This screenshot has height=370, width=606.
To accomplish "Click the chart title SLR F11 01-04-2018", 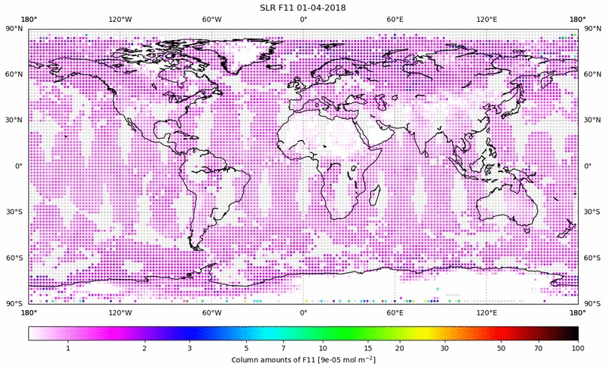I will [x=303, y=7].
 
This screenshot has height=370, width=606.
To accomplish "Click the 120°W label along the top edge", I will [x=120, y=19].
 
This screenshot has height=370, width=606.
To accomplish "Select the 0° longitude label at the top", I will [x=303, y=19].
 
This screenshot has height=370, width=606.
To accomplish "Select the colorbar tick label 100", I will [x=578, y=348].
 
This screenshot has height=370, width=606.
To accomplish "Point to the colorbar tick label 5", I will [x=247, y=348].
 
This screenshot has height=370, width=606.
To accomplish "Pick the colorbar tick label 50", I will [x=501, y=348].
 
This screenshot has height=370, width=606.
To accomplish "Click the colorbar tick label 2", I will [x=144, y=348].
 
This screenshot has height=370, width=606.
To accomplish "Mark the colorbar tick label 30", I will [x=445, y=348].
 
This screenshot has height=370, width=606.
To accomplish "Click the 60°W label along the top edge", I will [x=211, y=19].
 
